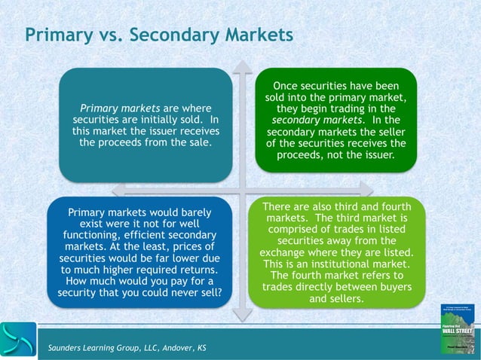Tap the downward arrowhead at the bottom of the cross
[241, 315]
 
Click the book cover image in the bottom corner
[458, 329]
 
